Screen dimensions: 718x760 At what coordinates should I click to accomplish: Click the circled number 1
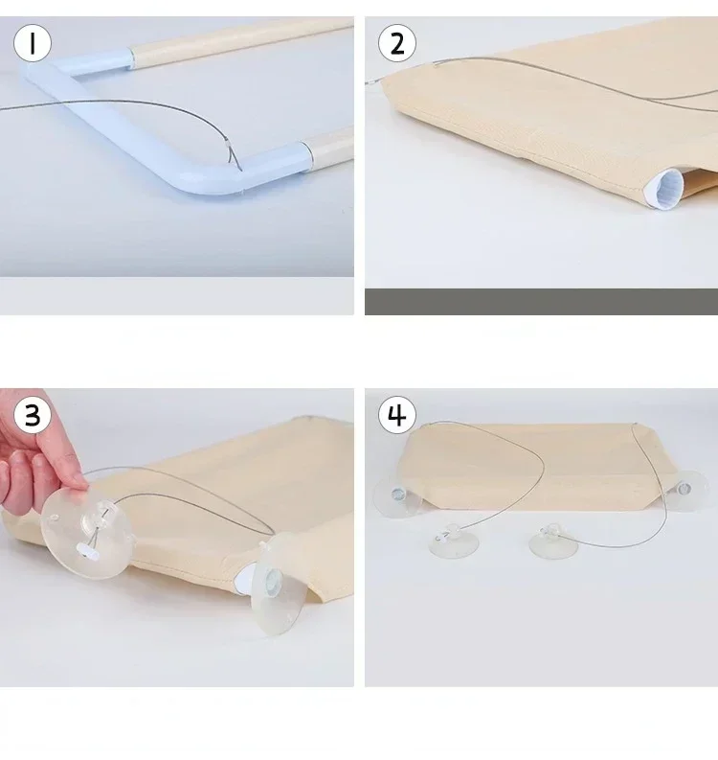click(33, 43)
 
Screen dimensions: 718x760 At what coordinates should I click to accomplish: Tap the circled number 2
click(397, 43)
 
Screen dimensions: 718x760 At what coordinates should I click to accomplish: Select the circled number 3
click(33, 415)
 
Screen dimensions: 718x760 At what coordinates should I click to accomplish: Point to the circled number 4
click(397, 415)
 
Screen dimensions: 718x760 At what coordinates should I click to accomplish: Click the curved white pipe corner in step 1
click(203, 182)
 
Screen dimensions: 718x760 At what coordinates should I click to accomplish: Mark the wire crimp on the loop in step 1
click(228, 143)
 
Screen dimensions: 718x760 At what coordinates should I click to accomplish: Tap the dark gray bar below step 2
click(541, 302)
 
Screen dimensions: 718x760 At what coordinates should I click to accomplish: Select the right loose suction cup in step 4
click(553, 541)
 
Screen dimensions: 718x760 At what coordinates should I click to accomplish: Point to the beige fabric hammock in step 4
click(538, 466)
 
